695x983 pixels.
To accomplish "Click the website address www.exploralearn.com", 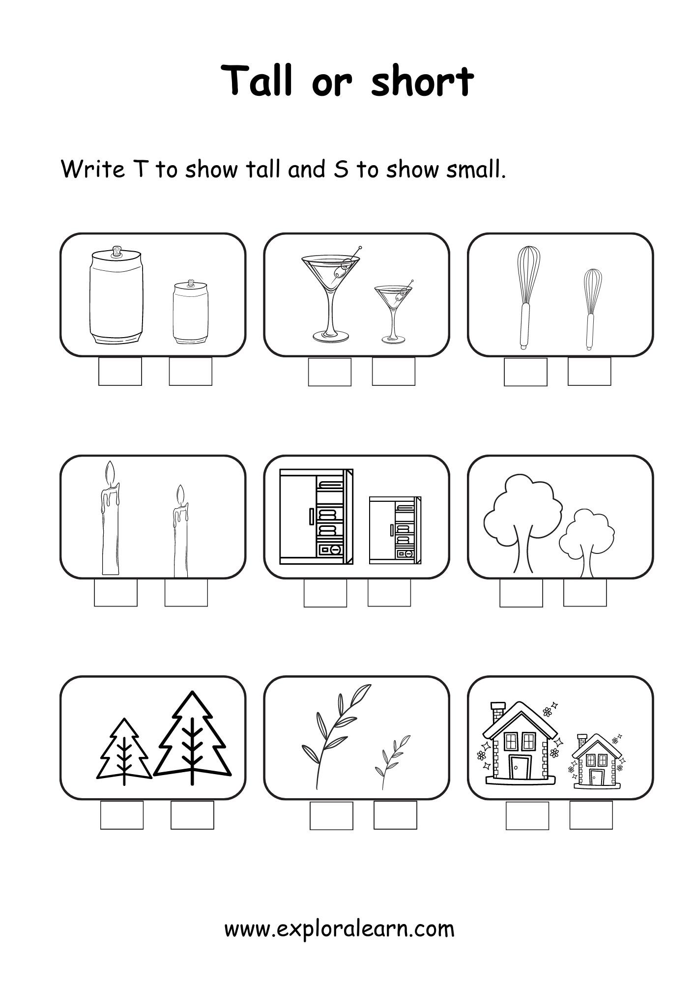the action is pyautogui.click(x=340, y=928).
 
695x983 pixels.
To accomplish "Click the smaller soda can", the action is pyautogui.click(x=191, y=312).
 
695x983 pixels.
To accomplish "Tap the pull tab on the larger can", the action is pyautogui.click(x=117, y=252).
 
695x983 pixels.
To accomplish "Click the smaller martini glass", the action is pyautogui.click(x=393, y=312).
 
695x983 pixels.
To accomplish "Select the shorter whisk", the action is pyautogui.click(x=592, y=309).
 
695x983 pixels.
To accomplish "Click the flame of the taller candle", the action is pyautogui.click(x=111, y=473).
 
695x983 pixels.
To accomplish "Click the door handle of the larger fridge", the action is pyautogui.click(x=311, y=517).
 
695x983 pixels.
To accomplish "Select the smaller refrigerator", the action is pyautogui.click(x=395, y=530).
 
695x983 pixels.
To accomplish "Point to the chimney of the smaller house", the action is pyautogui.click(x=582, y=739).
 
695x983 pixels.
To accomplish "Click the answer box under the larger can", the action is pyautogui.click(x=120, y=372).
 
